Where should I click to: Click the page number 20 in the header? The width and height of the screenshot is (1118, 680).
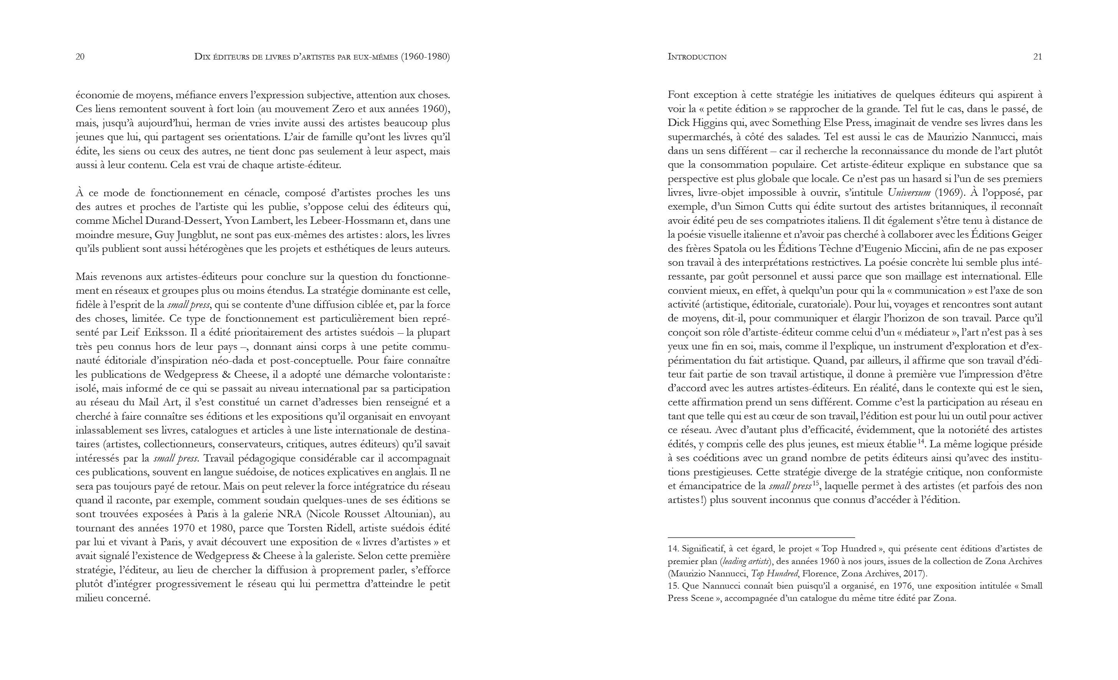(80, 57)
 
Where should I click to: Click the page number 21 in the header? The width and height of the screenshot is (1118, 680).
(1037, 57)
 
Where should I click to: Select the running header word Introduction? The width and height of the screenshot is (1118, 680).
(697, 57)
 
